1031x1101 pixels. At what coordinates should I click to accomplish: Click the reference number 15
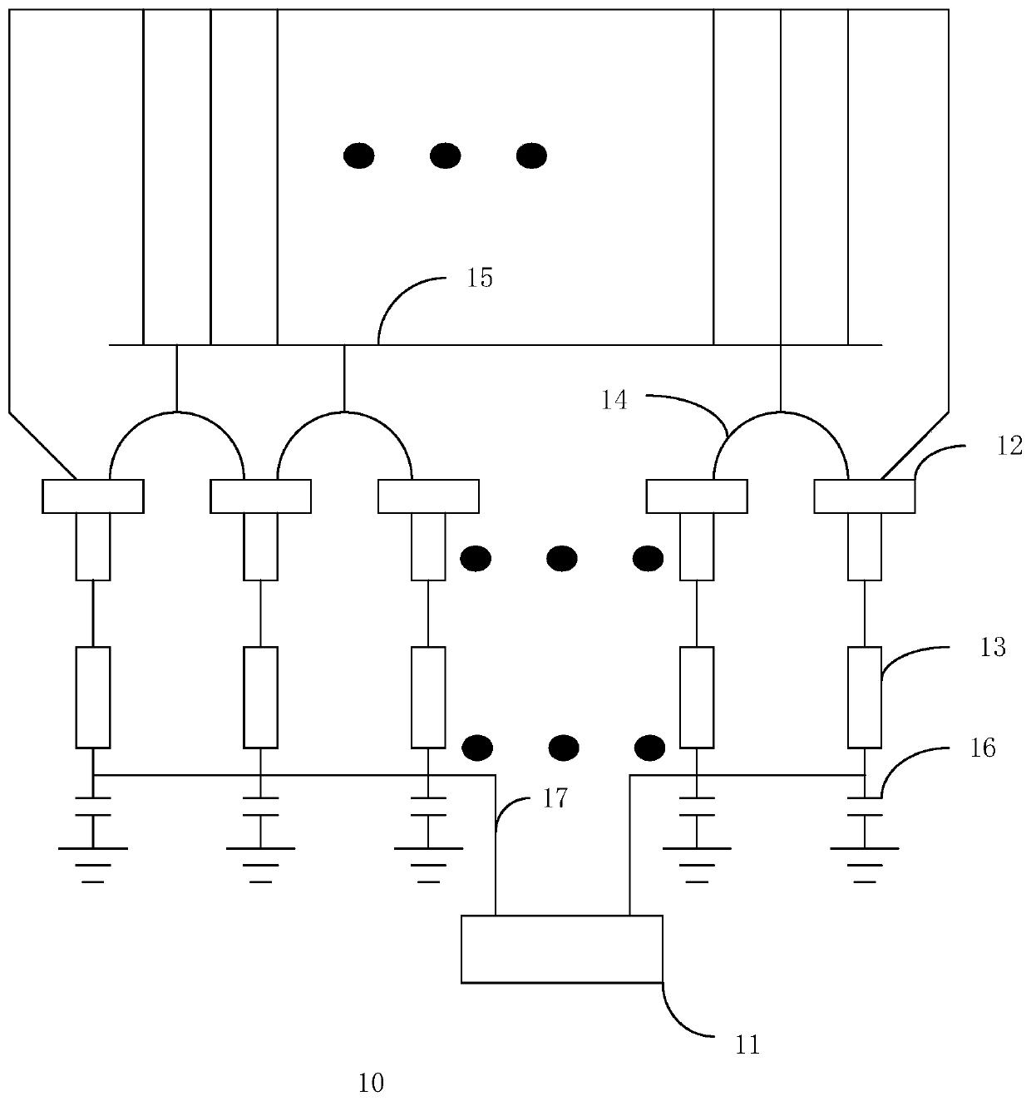click(x=480, y=278)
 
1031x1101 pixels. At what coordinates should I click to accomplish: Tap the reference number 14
click(x=615, y=401)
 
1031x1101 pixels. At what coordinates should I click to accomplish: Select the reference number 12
click(x=1010, y=446)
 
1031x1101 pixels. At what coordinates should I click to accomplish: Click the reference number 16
click(x=983, y=748)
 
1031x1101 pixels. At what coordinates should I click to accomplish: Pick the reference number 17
click(x=555, y=798)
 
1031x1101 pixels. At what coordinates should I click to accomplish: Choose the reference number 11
click(x=748, y=1044)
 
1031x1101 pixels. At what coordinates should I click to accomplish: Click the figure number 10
click(x=371, y=1082)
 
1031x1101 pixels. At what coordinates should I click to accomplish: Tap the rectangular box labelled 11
click(x=562, y=949)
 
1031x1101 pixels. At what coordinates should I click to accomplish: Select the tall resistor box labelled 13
click(x=864, y=697)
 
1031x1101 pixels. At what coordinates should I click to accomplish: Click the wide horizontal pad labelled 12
click(x=864, y=496)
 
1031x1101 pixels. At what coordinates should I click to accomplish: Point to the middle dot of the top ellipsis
click(x=446, y=156)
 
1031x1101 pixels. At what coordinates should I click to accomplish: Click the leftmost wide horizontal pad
click(x=93, y=496)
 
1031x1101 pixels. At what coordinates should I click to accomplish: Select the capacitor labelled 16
click(x=864, y=807)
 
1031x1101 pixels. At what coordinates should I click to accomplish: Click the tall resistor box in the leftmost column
click(x=93, y=697)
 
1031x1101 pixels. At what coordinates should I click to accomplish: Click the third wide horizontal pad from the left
click(x=428, y=496)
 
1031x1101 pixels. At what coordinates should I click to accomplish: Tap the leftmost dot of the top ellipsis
click(x=358, y=156)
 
